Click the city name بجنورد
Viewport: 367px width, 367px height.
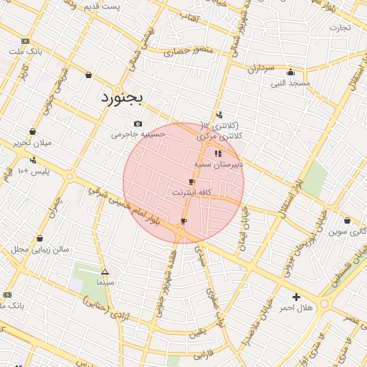coord(122,96)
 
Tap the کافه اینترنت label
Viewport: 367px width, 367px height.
coord(191,193)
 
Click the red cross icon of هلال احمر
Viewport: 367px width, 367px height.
coord(296,297)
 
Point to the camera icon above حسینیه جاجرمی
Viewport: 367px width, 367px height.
coord(138,123)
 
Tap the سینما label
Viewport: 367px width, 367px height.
coord(105,282)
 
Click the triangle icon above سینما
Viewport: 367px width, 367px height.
coord(105,272)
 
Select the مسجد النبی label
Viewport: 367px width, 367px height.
coord(290,83)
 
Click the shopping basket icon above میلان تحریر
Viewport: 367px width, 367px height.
coord(33,131)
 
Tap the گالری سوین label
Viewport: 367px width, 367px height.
coord(347,232)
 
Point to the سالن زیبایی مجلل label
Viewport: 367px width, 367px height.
coord(39,249)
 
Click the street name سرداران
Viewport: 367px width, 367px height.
coord(262,69)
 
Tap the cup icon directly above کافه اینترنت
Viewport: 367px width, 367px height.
coord(191,182)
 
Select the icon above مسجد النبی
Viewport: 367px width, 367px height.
coord(290,72)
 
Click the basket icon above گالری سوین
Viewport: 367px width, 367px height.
coord(347,221)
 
